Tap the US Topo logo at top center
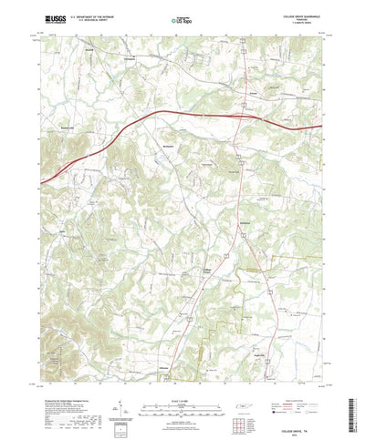pos(182,18)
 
